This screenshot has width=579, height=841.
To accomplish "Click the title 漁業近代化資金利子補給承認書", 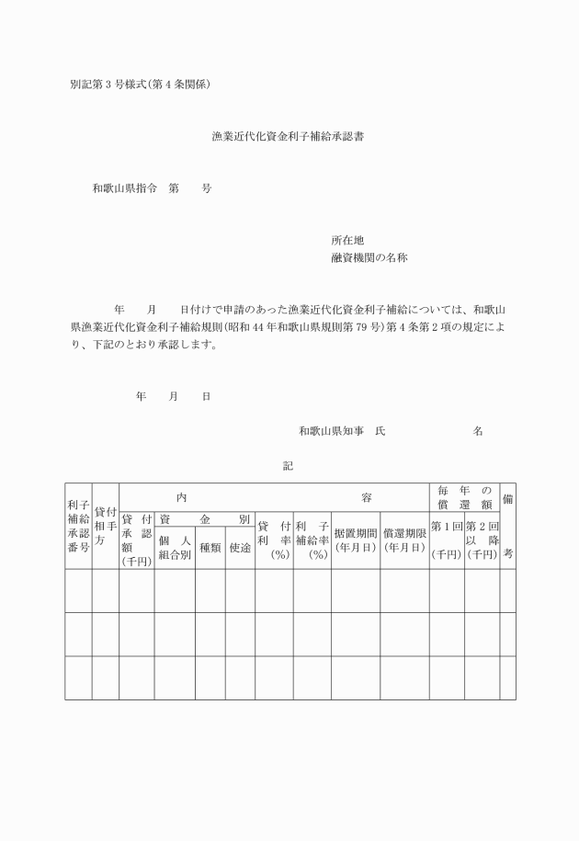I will coord(289,137).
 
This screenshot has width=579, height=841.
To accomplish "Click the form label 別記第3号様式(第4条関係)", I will coord(141,85).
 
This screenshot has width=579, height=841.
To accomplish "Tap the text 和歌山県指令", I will coord(122,188).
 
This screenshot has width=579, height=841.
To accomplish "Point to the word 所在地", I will coord(347,240).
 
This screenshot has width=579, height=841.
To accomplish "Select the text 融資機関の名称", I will coord(369,258).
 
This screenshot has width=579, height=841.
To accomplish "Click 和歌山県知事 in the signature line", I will coord(328,430).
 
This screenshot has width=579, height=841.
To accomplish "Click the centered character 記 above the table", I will coord(289,466).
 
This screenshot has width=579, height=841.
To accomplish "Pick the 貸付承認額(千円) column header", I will coord(136,540).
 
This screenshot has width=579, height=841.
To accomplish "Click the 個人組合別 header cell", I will coord(175,549).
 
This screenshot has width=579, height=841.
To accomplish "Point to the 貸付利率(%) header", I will coord(274,540).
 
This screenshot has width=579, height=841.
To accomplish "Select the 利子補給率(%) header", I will coord(312,540).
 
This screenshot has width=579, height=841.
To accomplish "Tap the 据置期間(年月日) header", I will coord(355,540).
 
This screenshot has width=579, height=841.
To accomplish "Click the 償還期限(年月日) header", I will coord(404,540).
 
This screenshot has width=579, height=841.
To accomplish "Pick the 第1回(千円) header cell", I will coord(447,540).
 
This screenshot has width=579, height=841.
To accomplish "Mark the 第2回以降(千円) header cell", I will coord(482,540).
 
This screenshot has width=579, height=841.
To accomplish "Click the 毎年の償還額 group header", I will coord(464,497).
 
